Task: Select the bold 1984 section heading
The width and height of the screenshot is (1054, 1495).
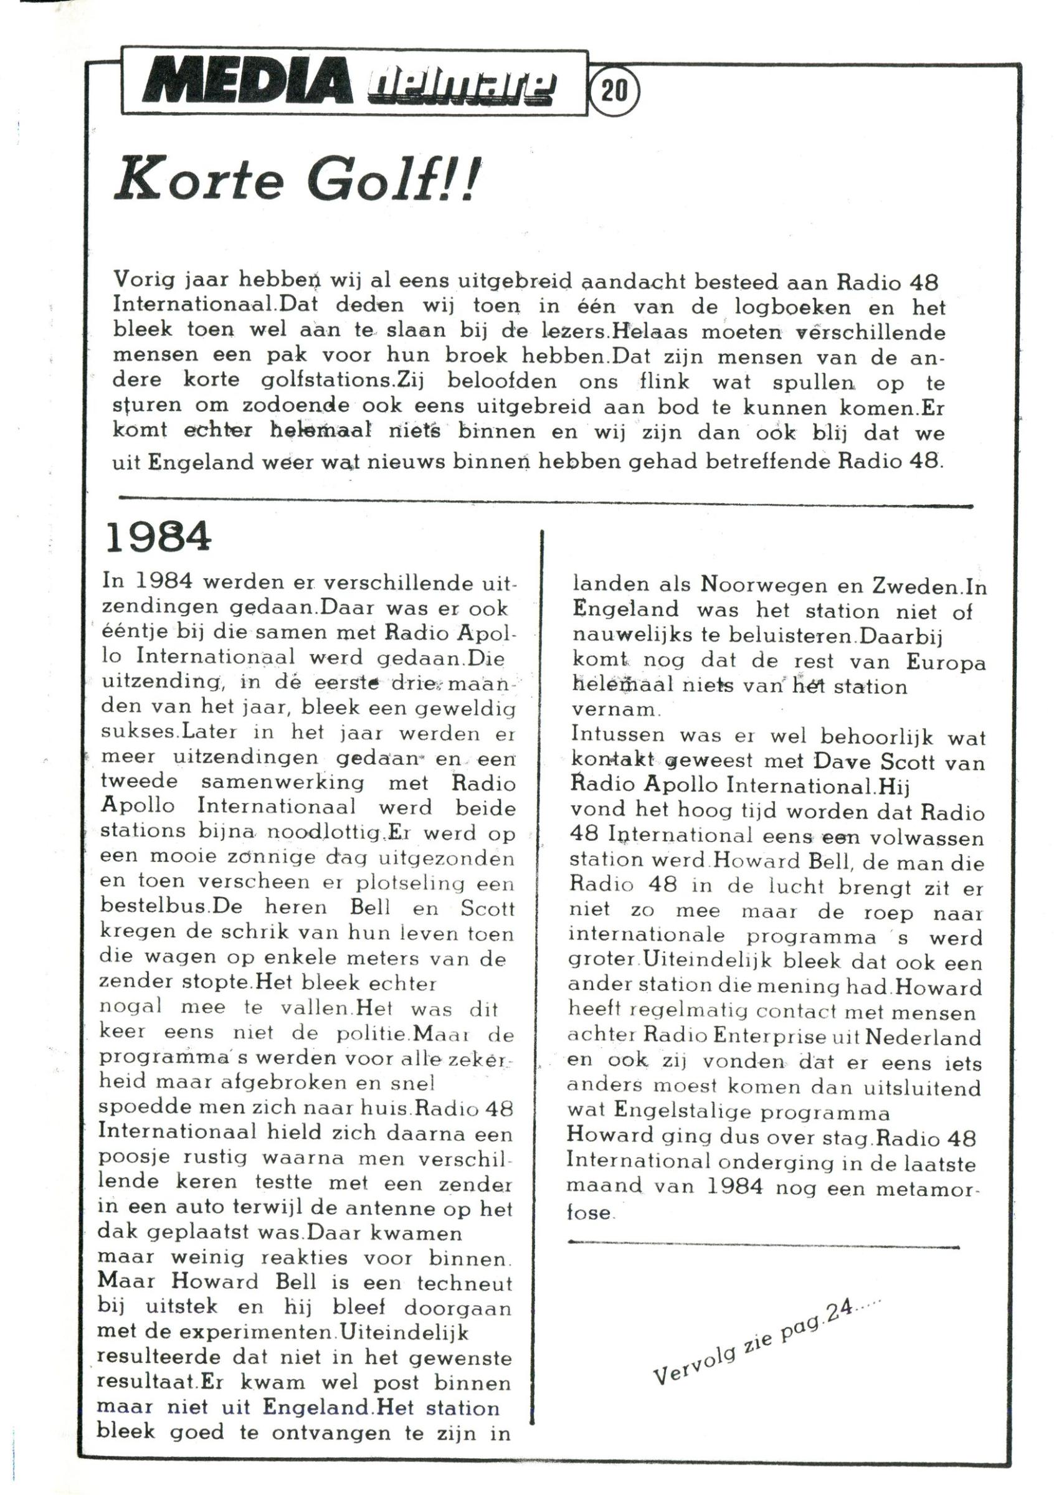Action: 158,537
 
